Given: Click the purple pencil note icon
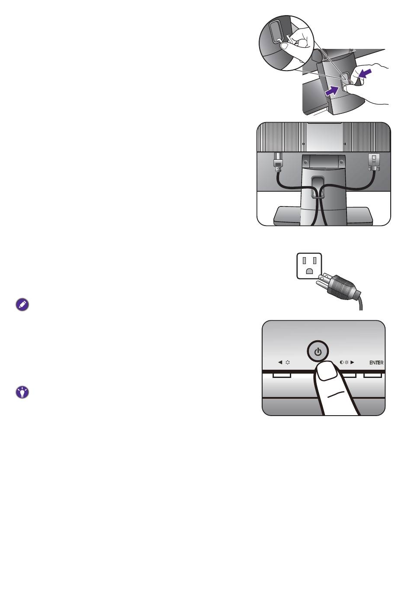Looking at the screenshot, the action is coord(22,305).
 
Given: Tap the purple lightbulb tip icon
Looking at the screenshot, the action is coord(22,392).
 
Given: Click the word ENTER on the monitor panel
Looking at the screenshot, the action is coord(376,363).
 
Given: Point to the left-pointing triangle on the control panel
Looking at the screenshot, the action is coord(280,362).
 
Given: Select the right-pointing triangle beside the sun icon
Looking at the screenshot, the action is coord(352,362).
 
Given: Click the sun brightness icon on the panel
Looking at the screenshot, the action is coord(347,362).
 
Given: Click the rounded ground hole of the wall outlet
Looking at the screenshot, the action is coord(309,271).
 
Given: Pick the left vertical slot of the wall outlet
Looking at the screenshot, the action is coord(304,261).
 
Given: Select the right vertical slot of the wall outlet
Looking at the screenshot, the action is coord(315,261).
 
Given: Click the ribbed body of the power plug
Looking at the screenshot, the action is coord(342,287).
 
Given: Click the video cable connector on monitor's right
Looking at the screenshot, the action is coord(373,162).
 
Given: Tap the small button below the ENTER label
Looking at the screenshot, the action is coord(372,376).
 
